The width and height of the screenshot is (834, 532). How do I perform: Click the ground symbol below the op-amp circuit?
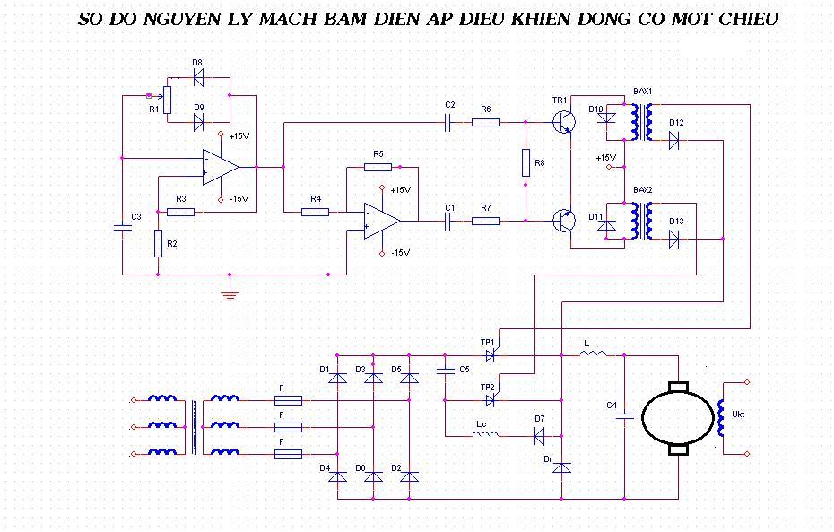pyautogui.click(x=230, y=293)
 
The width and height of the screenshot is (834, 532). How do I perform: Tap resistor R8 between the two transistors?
pyautogui.click(x=526, y=163)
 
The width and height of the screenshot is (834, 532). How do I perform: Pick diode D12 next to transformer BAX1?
pyautogui.click(x=673, y=140)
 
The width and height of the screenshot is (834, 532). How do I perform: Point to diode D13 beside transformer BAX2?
pyautogui.click(x=673, y=239)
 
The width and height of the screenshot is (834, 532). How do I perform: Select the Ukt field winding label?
pyautogui.click(x=738, y=414)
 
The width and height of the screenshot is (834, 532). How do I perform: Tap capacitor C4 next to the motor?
pyautogui.click(x=625, y=415)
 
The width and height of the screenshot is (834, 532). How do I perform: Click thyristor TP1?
pyautogui.click(x=490, y=355)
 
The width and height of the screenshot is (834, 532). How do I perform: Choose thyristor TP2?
pyautogui.click(x=490, y=399)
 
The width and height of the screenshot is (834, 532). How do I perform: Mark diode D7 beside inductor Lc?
pyautogui.click(x=540, y=436)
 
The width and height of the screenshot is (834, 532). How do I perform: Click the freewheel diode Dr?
pyautogui.click(x=560, y=467)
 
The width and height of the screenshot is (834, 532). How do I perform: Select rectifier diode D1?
pyautogui.click(x=337, y=378)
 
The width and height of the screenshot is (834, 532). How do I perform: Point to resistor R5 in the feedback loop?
pyautogui.click(x=378, y=167)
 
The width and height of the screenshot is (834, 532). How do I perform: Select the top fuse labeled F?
pyautogui.click(x=287, y=400)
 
